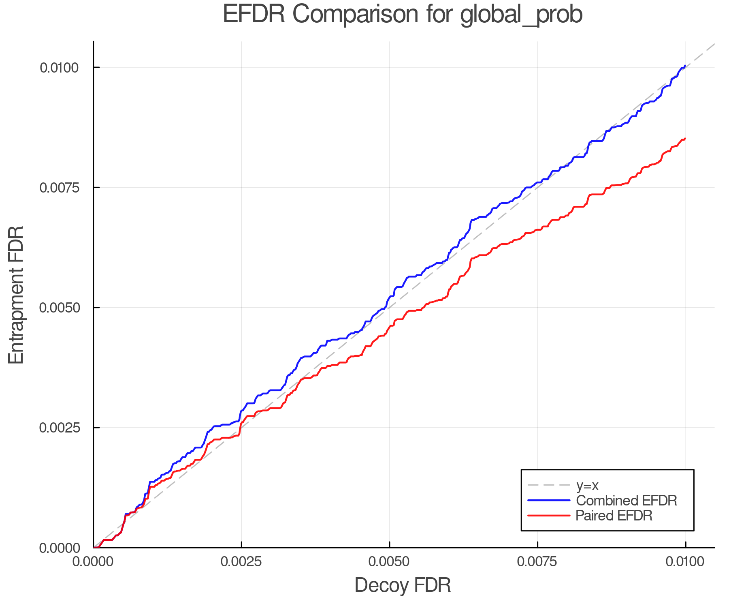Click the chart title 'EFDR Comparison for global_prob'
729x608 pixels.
[403, 15]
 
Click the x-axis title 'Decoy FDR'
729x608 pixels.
[403, 585]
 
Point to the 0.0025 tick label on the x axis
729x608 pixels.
[241, 562]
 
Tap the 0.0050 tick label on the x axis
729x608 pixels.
[389, 562]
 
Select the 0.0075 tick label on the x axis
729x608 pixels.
[537, 562]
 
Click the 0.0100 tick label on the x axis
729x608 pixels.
[685, 562]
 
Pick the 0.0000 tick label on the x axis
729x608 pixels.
[93, 562]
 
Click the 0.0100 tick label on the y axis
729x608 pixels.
[59, 68]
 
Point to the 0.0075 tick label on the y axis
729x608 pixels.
[59, 188]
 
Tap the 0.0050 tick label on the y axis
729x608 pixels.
[59, 308]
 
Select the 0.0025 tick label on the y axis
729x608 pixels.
[59, 428]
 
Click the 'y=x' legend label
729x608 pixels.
[587, 485]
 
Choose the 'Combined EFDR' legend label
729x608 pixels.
[626, 501]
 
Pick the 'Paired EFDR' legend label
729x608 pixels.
[614, 516]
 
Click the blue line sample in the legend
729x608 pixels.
[548, 501]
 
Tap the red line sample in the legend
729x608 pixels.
[548, 516]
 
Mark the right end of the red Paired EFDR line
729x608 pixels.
[685, 139]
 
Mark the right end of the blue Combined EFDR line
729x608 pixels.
[685, 66]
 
